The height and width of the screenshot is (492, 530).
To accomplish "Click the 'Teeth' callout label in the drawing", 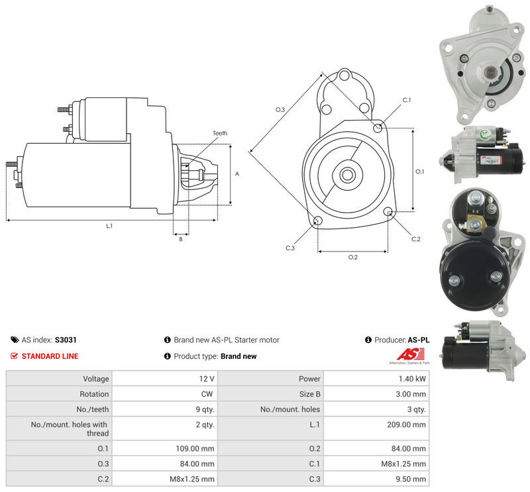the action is click(x=220, y=133).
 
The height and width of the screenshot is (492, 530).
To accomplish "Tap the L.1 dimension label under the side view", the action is click(x=109, y=226).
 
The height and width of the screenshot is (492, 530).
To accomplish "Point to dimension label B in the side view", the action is click(x=181, y=239).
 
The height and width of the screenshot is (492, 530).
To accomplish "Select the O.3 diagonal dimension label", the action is click(x=280, y=109).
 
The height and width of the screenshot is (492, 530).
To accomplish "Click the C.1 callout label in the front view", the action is click(x=407, y=100).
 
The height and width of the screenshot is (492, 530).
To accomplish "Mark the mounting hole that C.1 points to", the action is click(x=378, y=128).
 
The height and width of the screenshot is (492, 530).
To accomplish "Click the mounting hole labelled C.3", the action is click(x=318, y=221).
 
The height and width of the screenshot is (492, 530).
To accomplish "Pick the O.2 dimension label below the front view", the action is click(x=353, y=258).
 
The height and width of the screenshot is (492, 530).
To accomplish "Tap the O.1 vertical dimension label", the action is click(x=420, y=172).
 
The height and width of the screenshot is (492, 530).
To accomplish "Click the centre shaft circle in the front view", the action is click(x=347, y=175).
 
